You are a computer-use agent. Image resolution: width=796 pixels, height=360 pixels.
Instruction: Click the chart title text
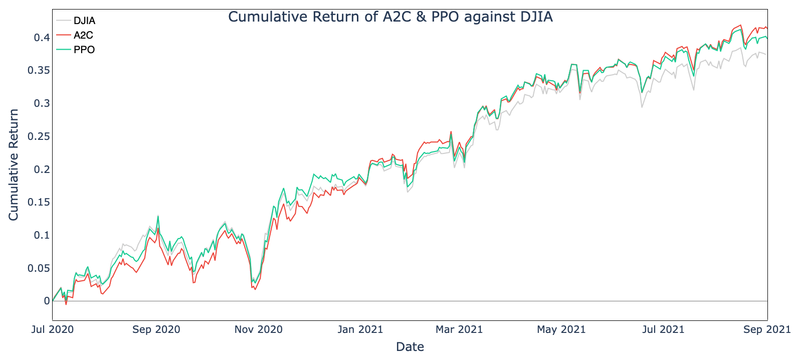click(x=390, y=17)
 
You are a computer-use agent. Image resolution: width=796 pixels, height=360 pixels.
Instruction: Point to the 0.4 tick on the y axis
click(x=42, y=38)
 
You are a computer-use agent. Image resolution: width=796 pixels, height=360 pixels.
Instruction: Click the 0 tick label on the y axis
click(x=47, y=301)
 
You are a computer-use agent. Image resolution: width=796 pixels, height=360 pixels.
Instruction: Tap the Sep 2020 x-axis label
click(x=156, y=329)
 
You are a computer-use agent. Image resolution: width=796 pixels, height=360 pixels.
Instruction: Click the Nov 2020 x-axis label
click(x=259, y=329)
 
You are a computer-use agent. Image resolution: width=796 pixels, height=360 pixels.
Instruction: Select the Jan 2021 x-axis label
click(x=360, y=329)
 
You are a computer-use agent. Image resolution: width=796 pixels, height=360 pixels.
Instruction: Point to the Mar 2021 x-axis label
click(x=459, y=329)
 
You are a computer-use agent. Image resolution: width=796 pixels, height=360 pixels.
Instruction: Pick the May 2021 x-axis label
click(x=561, y=329)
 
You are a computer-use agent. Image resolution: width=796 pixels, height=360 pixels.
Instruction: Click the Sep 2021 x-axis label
click(x=767, y=329)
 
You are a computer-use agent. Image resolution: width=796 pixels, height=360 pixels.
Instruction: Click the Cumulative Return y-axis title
click(x=14, y=164)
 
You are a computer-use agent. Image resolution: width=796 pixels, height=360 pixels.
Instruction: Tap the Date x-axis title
click(x=410, y=346)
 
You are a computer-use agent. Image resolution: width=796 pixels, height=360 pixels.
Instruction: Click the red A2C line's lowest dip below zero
click(x=66, y=304)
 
